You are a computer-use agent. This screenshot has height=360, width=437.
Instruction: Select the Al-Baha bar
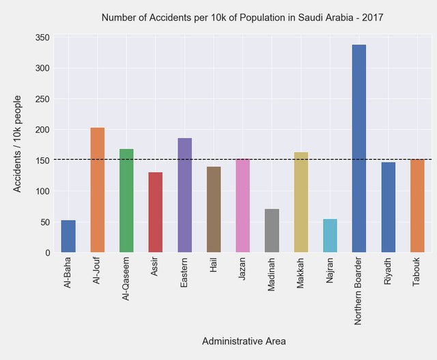tap(68, 236)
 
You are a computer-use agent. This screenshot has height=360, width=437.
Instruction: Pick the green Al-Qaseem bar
tap(126, 201)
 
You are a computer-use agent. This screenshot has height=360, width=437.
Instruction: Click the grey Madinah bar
tap(272, 231)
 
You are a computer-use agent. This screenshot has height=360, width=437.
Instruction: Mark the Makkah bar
tap(301, 202)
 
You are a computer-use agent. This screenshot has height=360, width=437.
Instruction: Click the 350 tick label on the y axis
tap(42, 38)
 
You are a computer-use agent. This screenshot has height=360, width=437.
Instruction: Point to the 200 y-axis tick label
tap(42, 130)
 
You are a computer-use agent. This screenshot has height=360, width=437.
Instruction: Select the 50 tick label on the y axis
tap(44, 223)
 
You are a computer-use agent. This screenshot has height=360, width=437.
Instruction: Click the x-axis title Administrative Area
tap(244, 341)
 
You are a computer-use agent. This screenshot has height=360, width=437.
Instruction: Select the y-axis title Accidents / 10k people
tap(18, 143)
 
